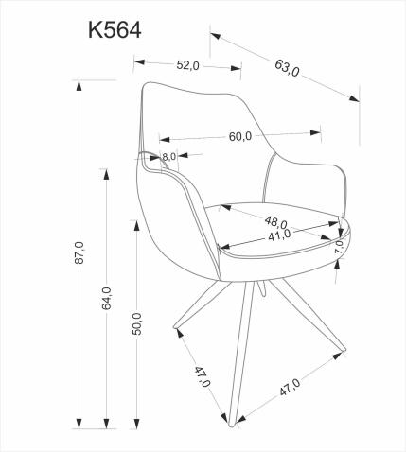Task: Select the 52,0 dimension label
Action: click(x=187, y=65)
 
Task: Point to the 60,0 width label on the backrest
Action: click(x=240, y=135)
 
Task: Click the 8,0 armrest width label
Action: click(x=169, y=157)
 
